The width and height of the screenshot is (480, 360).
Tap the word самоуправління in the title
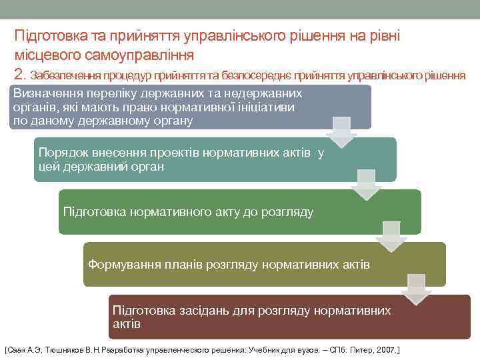[x=137, y=54]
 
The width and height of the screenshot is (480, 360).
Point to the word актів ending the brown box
[x=127, y=324]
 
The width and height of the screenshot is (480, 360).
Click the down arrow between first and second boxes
[x=342, y=131]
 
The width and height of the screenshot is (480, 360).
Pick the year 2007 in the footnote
[x=383, y=349]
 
